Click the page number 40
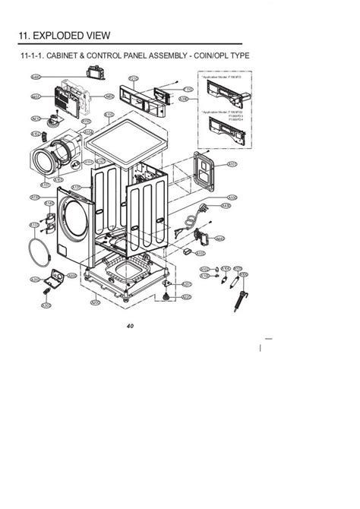[130, 326]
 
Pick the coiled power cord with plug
[200, 220]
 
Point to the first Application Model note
[217, 77]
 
